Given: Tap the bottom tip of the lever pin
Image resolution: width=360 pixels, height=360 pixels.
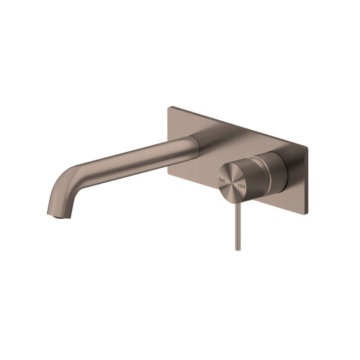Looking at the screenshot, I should (x=237, y=248).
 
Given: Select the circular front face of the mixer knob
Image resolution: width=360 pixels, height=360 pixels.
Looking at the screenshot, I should (x=233, y=177).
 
